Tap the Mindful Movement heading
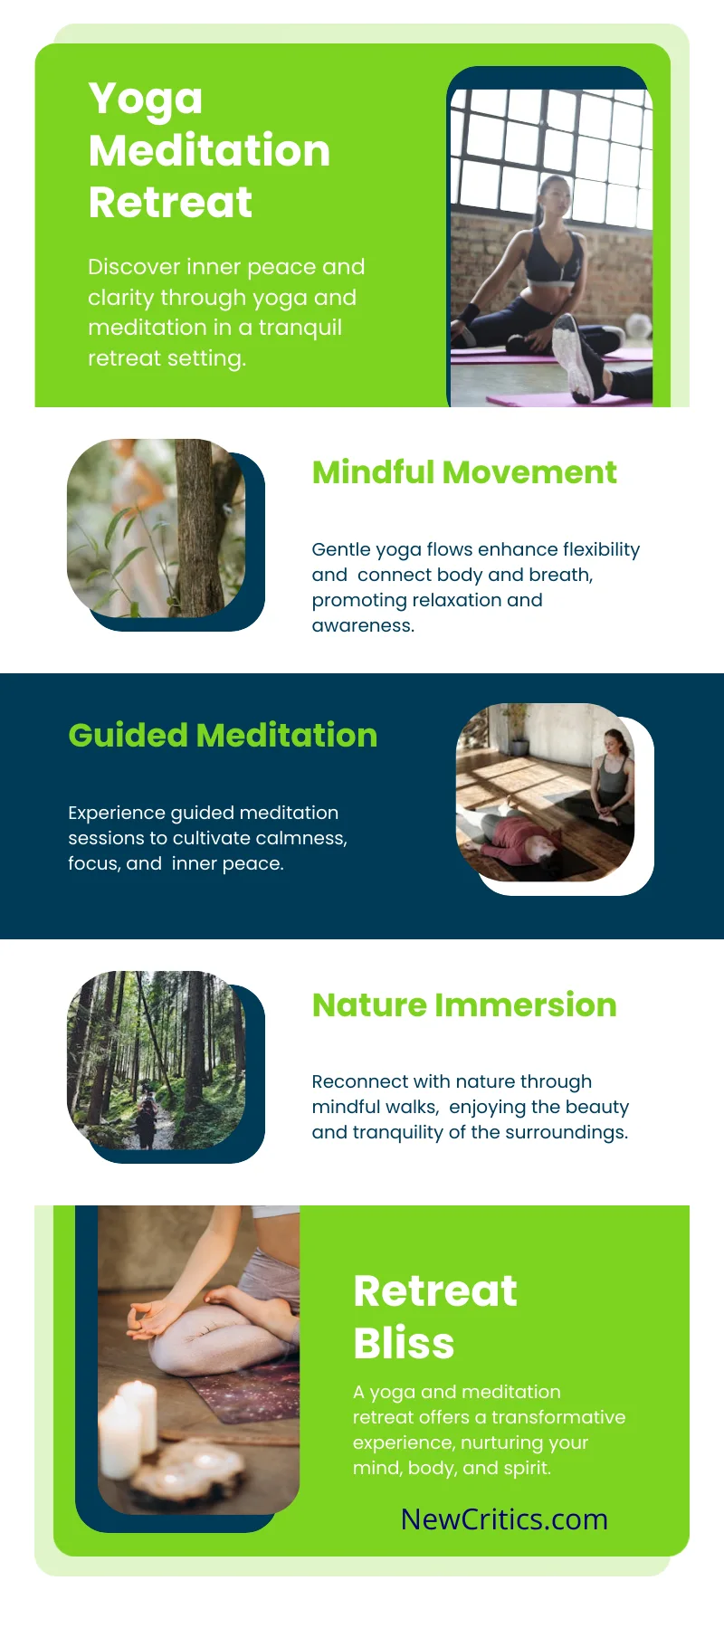click(x=464, y=472)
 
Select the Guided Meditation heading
click(x=223, y=736)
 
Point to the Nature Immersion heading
click(x=464, y=1005)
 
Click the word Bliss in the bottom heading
click(x=404, y=1343)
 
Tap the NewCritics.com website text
click(x=504, y=1519)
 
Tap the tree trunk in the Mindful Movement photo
click(x=199, y=528)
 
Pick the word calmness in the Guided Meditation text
click(x=300, y=838)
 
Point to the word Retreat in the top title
click(x=170, y=202)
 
